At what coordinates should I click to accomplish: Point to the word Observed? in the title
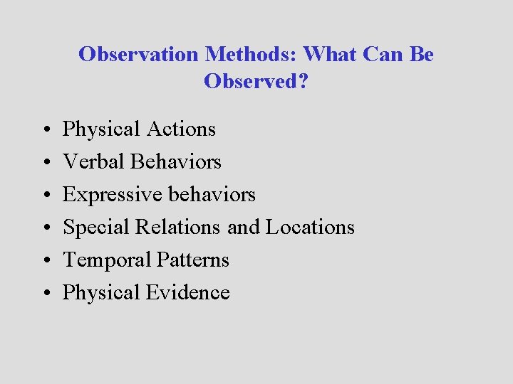point(256,81)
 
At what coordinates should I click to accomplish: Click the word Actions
point(181,129)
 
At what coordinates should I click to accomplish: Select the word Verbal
point(93,161)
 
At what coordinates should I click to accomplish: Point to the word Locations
point(310,227)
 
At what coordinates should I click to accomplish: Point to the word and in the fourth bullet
point(244,227)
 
